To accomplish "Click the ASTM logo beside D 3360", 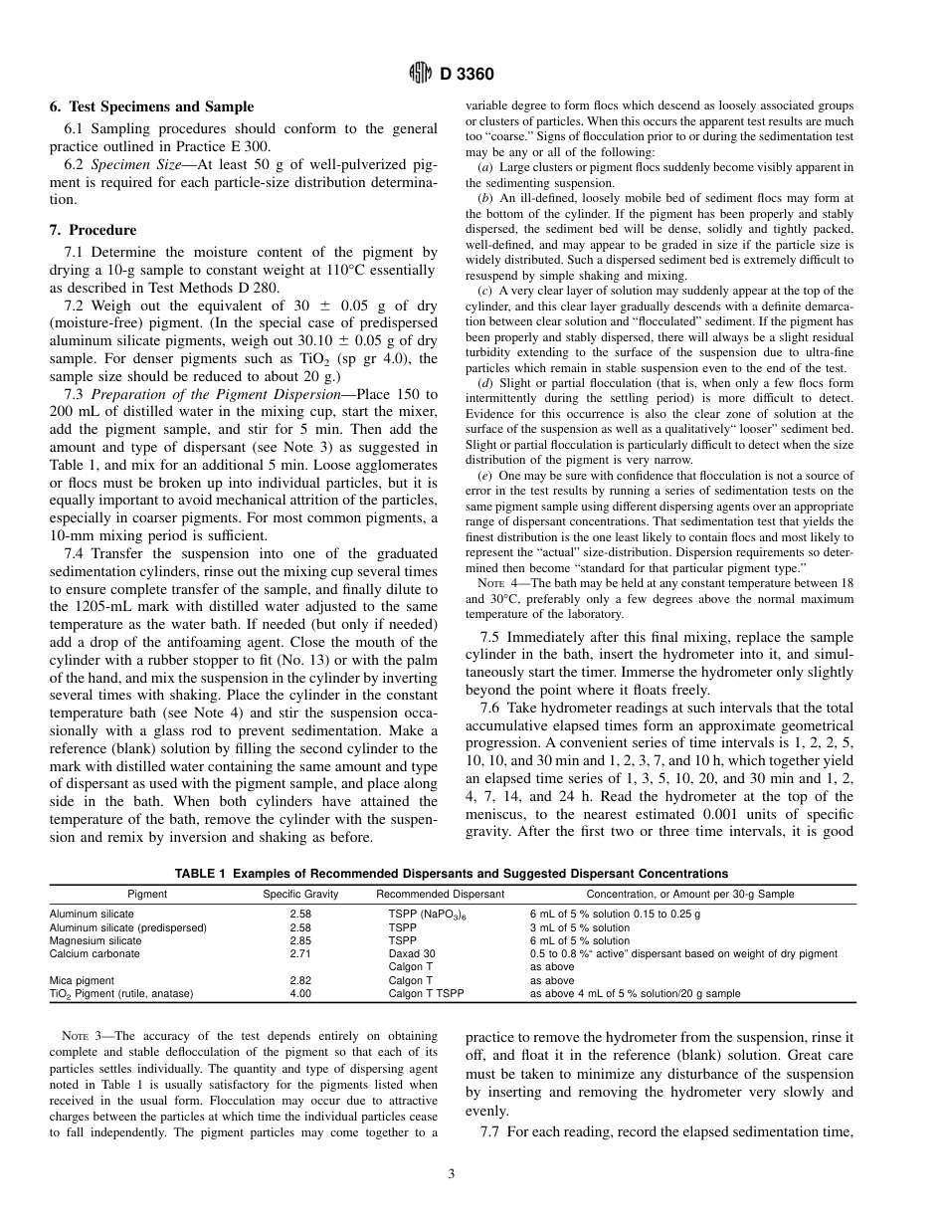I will (421, 73).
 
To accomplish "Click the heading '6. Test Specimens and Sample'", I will (151, 106).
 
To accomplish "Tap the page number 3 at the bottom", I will (452, 1174).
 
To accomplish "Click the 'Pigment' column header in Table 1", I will (147, 894).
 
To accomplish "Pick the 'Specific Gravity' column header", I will (300, 894).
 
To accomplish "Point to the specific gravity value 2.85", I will (300, 940).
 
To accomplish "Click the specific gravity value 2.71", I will (300, 953).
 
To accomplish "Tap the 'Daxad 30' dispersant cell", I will (411, 953).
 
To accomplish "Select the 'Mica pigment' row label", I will (82, 980).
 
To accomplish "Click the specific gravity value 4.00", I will (300, 993).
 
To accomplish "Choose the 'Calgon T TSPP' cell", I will (426, 993).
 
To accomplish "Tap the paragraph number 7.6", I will (491, 706).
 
